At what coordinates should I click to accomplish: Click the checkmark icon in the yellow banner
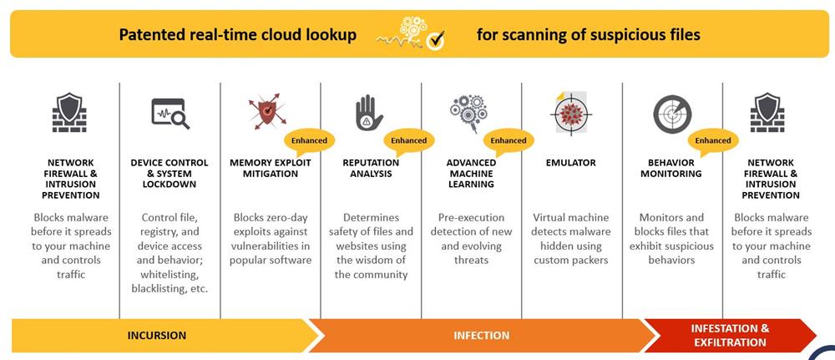[437, 39]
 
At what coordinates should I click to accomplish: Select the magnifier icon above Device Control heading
[170, 114]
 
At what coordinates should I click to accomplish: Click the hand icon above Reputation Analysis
[369, 113]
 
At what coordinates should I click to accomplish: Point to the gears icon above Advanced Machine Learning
[468, 113]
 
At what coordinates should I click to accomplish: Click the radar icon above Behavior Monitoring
[672, 114]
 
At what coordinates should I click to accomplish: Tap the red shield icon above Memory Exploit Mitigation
[267, 112]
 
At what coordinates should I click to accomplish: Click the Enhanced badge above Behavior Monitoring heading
[712, 142]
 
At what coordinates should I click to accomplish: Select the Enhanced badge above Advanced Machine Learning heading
[508, 142]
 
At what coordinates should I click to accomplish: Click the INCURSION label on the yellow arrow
[157, 336]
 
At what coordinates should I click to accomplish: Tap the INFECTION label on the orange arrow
[482, 336]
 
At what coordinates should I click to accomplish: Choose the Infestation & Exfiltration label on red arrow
[730, 335]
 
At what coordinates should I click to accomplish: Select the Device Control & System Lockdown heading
[170, 173]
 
